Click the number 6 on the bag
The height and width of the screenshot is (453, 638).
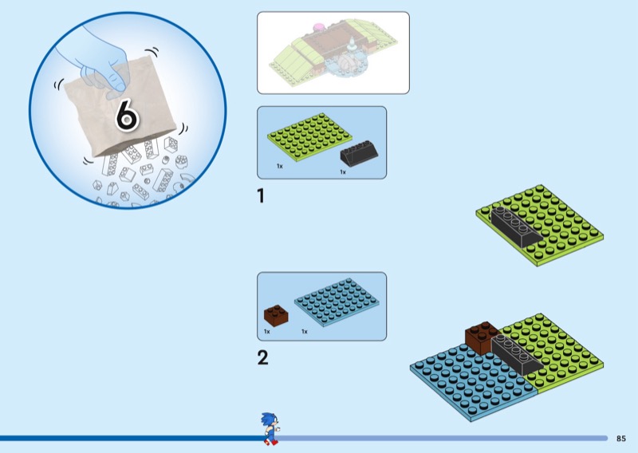click(128, 116)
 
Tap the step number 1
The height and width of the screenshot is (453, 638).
click(261, 195)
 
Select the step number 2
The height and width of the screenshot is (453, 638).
click(263, 358)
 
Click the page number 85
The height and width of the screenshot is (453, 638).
click(621, 439)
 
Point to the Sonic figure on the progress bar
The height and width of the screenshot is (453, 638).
click(270, 428)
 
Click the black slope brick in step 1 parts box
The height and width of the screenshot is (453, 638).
click(359, 153)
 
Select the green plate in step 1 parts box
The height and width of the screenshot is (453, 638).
click(309, 136)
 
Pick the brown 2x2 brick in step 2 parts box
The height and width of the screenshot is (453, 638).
click(276, 316)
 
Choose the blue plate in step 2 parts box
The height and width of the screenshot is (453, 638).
click(337, 302)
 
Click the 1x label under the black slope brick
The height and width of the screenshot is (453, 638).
click(343, 172)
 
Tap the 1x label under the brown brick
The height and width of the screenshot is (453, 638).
click(267, 332)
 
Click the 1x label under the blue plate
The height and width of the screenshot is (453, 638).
click(305, 332)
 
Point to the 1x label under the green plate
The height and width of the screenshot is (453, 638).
click(280, 166)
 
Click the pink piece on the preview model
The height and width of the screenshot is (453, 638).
click(318, 27)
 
